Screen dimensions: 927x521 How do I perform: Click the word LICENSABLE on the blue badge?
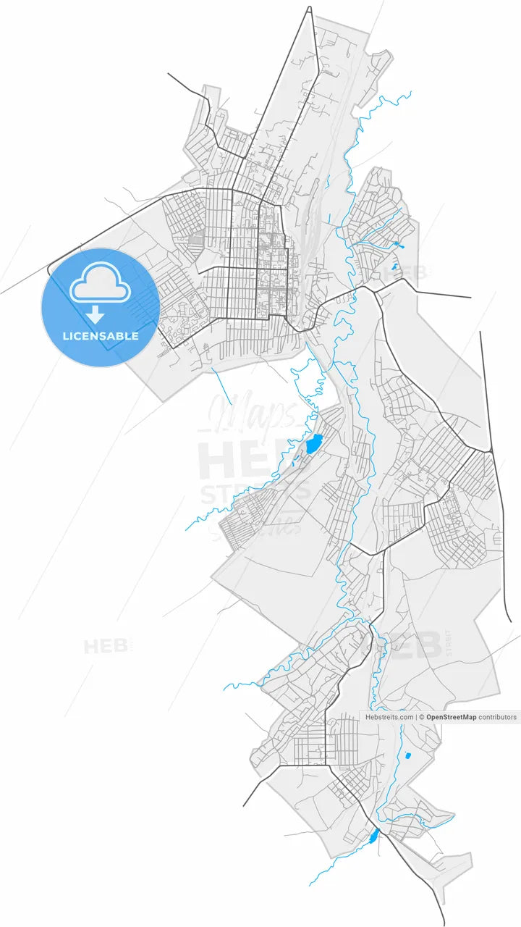(100, 336)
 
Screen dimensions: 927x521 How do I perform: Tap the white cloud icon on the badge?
(100, 284)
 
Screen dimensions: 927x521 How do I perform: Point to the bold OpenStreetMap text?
(451, 717)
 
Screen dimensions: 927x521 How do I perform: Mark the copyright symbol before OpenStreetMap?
(422, 717)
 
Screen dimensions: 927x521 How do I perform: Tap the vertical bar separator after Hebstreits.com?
(417, 717)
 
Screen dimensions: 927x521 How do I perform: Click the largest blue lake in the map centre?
(313, 442)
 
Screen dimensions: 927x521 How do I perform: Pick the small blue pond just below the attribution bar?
(407, 756)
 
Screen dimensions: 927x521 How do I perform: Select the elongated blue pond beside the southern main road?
(373, 837)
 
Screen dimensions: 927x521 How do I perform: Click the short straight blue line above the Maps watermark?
(222, 386)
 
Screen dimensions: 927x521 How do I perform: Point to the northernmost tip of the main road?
(310, 9)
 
